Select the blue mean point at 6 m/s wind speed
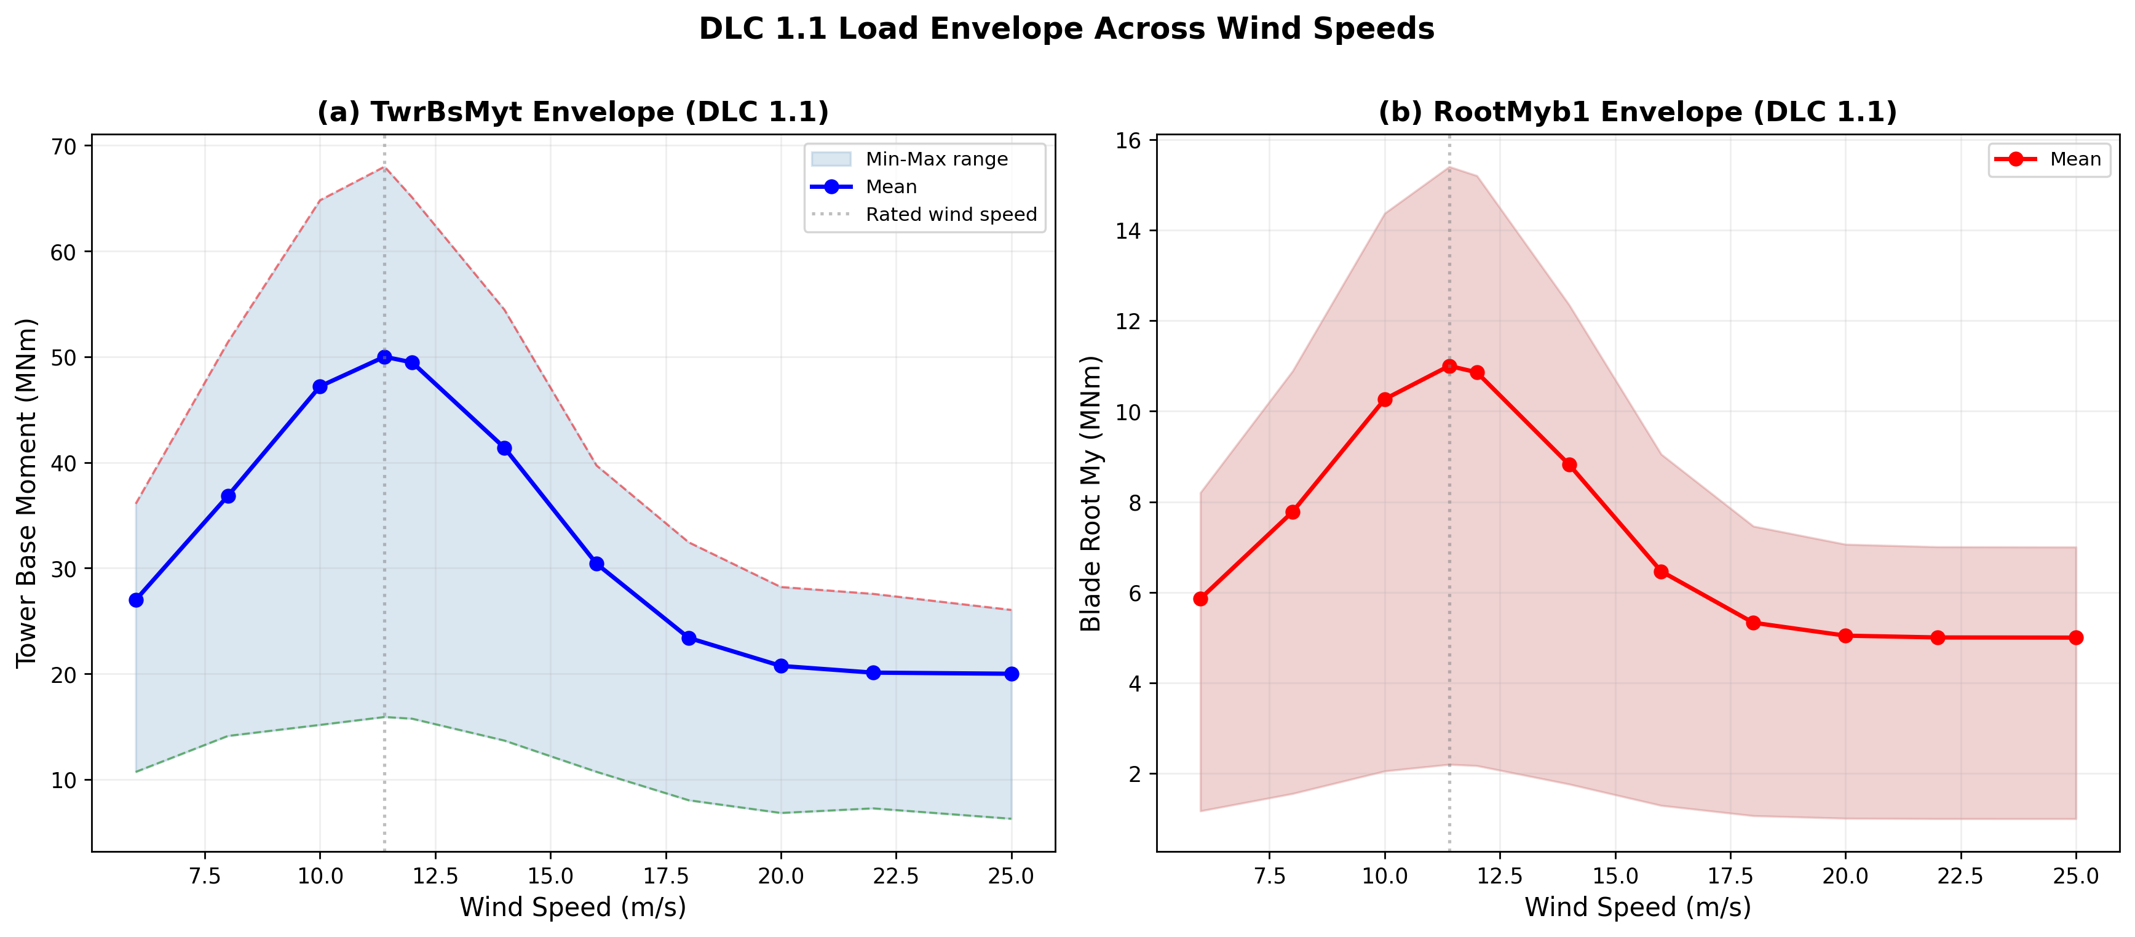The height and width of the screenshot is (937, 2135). pos(136,599)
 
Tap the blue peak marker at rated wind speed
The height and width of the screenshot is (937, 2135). pos(384,357)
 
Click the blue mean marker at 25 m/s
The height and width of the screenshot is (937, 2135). pos(1011,674)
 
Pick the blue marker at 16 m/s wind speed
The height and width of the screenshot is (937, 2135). pos(596,564)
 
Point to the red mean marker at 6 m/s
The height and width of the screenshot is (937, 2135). pos(1200,599)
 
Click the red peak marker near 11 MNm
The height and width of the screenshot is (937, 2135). pos(1449,367)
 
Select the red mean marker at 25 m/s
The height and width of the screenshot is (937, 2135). pos(2075,637)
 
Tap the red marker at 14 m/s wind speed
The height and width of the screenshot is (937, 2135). pos(1569,465)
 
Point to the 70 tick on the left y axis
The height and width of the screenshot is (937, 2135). pos(63,147)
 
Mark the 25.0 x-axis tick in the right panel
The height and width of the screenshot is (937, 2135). pos(2075,877)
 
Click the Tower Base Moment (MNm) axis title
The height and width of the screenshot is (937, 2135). pos(26,493)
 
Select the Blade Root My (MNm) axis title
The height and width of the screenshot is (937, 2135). pos(1091,493)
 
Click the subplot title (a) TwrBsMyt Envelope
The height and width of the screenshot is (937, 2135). pos(572,112)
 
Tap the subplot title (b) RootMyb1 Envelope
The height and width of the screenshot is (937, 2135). pos(1637,112)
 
